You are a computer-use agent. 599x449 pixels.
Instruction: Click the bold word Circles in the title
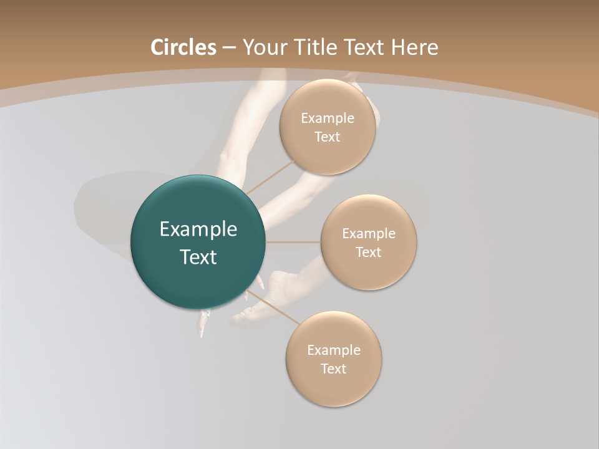183,47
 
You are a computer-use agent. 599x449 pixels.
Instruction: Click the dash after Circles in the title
229,48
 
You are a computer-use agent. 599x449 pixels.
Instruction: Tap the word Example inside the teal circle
198,229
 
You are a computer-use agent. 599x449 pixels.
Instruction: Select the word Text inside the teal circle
198,257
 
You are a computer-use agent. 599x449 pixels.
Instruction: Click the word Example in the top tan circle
328,118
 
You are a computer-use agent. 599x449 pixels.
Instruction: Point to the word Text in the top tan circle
328,137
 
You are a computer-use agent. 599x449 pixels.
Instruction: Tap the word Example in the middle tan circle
369,234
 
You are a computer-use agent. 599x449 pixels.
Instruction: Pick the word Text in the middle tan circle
369,252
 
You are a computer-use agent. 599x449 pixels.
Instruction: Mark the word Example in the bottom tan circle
334,350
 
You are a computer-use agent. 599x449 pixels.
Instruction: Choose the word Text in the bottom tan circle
334,369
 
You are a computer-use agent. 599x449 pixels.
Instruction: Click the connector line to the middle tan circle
293,242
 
